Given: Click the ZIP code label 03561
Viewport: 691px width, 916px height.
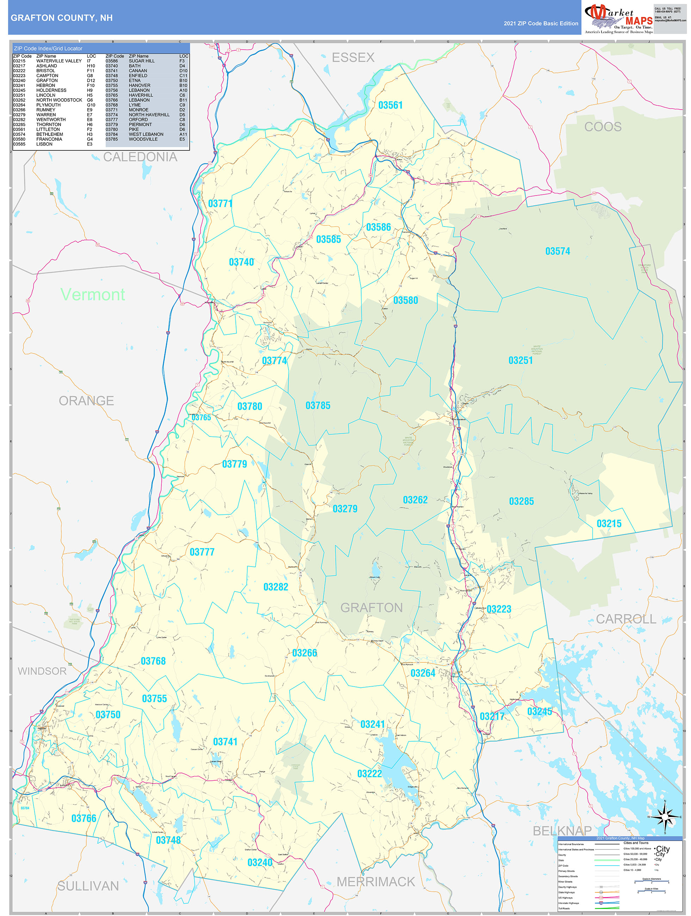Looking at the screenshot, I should (x=390, y=105).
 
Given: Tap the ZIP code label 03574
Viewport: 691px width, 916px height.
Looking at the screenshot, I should (x=557, y=251).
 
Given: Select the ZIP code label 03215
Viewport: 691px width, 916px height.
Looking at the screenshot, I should (x=609, y=524).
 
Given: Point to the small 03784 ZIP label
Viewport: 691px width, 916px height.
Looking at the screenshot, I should (x=25, y=808).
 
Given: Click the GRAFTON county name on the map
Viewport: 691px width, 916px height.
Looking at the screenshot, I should (x=371, y=607).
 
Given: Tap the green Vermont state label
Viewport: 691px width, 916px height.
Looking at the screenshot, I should (x=92, y=295).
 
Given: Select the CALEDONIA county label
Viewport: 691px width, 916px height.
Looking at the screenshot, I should (x=140, y=157).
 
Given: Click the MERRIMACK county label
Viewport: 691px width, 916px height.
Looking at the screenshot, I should (x=375, y=881).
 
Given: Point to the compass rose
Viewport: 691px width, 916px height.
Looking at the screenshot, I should (x=665, y=817).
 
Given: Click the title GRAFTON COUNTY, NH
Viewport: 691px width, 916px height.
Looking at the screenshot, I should (x=62, y=18).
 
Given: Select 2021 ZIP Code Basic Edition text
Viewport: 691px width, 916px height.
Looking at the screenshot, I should (x=541, y=24).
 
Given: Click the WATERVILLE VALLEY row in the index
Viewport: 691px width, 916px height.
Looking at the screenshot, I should (x=59, y=61).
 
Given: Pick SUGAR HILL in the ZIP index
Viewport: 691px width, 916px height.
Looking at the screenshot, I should (x=142, y=61).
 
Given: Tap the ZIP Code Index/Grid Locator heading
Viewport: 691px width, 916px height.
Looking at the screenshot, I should (x=48, y=49).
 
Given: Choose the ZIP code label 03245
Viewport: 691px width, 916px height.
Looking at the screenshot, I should (x=539, y=711).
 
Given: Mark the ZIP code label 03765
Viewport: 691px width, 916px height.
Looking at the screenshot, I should (x=201, y=417).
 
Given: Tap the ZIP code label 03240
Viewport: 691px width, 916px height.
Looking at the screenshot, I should (x=260, y=862).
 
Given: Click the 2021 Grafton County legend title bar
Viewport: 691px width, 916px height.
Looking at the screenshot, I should (x=620, y=838).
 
